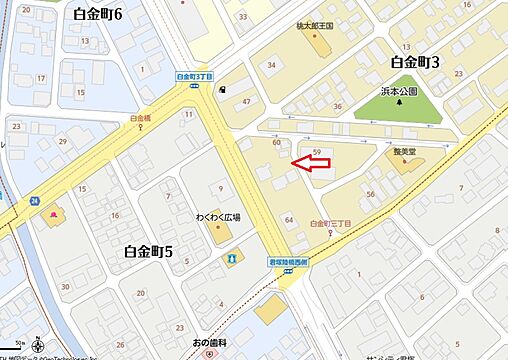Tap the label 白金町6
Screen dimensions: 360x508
click(97, 13)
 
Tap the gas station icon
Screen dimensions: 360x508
click(220, 87)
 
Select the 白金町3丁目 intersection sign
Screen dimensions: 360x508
click(195, 76)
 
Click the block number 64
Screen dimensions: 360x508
click(289, 218)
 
